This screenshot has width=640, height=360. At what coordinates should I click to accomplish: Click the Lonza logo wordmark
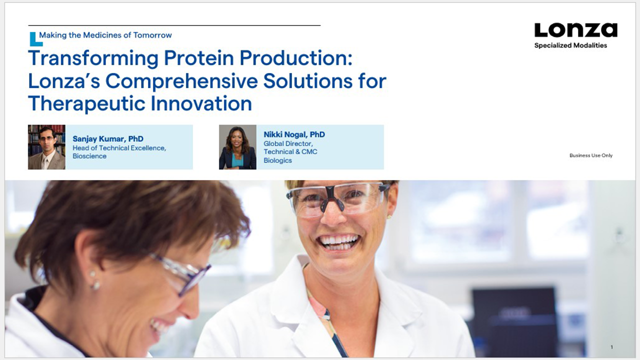coord(575,30)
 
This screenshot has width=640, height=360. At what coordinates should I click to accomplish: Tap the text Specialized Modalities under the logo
coord(570,45)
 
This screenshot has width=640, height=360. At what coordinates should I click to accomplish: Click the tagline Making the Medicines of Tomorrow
coord(105,35)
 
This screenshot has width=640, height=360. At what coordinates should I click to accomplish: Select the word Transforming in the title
coord(93,58)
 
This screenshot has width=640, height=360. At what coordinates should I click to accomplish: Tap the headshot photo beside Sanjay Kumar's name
coord(46,147)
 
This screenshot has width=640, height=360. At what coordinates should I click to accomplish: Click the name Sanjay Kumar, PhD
coord(108,139)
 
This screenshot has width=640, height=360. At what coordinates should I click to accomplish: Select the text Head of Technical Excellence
coord(119,148)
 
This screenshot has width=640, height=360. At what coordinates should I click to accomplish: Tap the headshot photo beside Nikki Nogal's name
coord(237,147)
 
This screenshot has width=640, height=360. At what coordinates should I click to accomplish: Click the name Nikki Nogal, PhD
coord(294,134)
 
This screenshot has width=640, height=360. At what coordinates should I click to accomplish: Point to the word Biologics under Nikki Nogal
coord(277,160)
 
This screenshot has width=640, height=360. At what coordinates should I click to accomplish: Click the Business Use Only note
coord(590,155)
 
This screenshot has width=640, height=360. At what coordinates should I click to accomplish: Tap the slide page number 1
coord(611,347)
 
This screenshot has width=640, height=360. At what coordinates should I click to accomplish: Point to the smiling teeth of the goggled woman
coord(340,241)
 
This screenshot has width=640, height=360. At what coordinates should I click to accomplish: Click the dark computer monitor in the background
coord(514,320)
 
